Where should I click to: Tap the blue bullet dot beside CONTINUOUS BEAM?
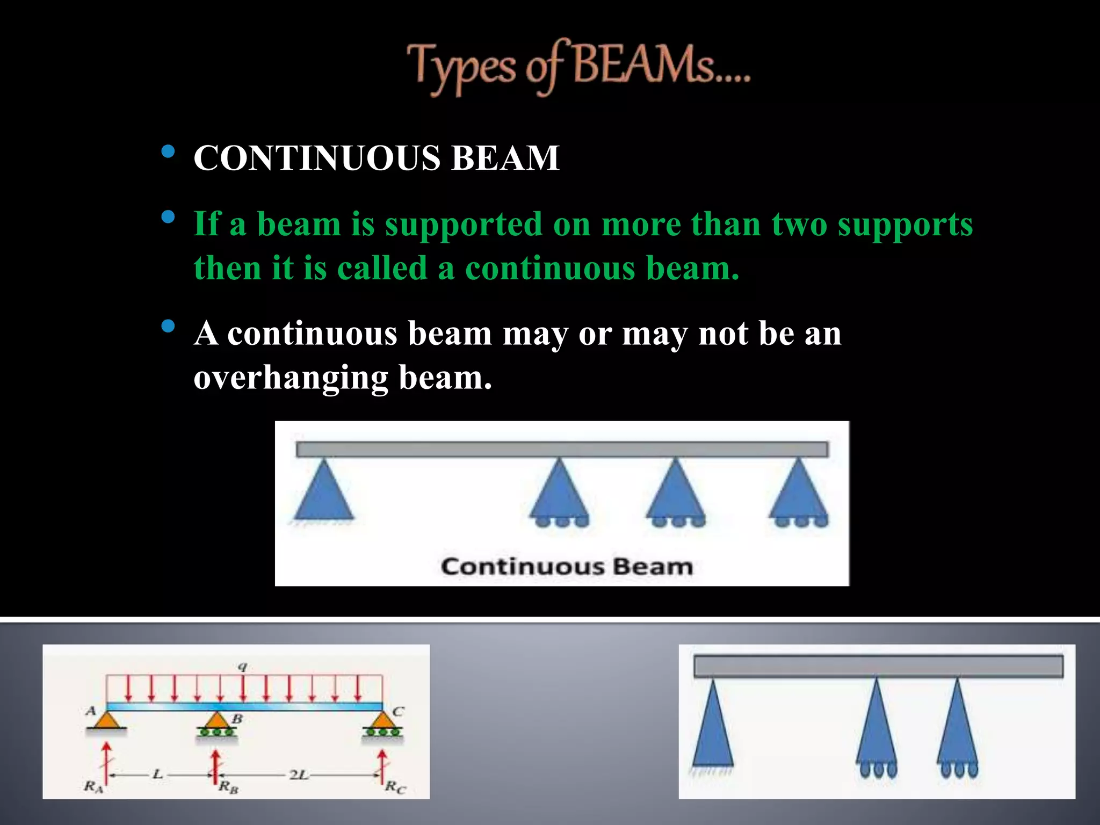click(168, 151)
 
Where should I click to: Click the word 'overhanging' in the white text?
click(290, 378)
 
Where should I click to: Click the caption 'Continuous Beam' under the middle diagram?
click(567, 567)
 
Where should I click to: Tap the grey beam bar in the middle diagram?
click(561, 450)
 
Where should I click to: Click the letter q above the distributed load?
click(243, 667)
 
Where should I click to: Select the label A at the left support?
click(91, 711)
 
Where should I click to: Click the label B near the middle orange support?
click(237, 719)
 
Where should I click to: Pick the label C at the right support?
click(397, 711)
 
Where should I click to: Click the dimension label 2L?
click(298, 775)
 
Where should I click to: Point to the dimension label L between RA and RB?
click(157, 774)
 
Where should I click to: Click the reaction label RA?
click(93, 787)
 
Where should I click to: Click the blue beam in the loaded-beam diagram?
click(244, 706)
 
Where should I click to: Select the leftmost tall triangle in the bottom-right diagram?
click(713, 725)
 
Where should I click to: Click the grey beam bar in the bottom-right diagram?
click(878, 667)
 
